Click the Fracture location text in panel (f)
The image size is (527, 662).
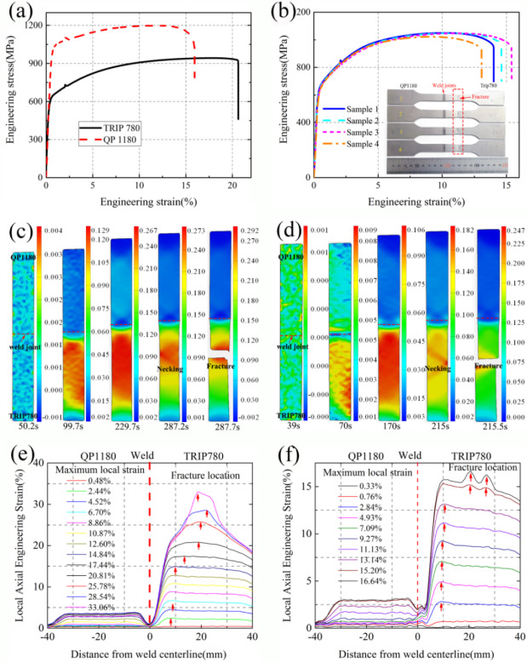click(x=483, y=468)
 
